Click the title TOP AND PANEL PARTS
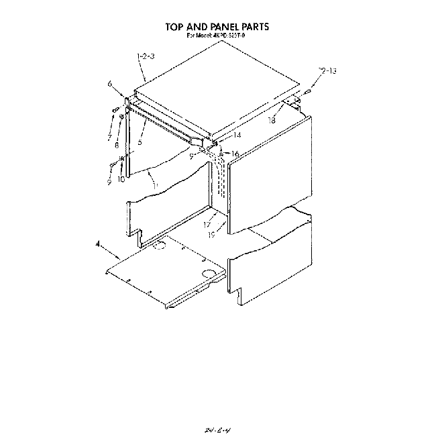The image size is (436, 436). pos(217,27)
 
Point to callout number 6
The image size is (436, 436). pos(109,84)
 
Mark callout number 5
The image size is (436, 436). pos(140,142)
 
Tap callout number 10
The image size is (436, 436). pos(121,179)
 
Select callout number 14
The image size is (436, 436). pos(218,135)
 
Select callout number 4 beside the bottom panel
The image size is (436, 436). pos(99,246)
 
